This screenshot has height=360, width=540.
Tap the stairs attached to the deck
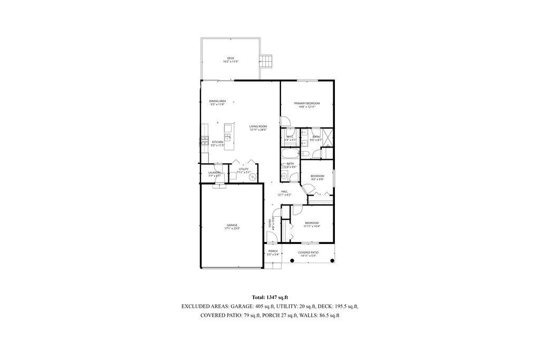267,61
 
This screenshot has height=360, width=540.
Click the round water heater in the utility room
253,178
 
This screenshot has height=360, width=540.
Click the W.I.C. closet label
290,138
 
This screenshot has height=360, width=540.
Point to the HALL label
284,192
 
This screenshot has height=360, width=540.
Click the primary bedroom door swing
284,121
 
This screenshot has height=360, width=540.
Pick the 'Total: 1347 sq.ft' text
269,298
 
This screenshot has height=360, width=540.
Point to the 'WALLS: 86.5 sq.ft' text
319,315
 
